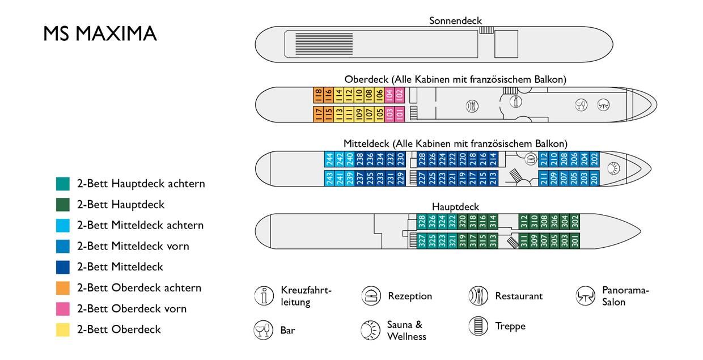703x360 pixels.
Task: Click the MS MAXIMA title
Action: click(100, 33)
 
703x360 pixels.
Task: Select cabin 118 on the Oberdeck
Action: click(318, 95)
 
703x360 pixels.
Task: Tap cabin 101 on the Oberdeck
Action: click(400, 115)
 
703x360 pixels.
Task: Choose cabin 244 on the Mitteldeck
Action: click(329, 159)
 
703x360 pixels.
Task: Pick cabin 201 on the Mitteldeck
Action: click(595, 178)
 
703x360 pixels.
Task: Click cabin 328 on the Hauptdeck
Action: click(422, 222)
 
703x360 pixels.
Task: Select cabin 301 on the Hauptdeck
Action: click(575, 241)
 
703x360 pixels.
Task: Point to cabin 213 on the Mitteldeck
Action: click(493, 178)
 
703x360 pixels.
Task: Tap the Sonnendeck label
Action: click(455, 21)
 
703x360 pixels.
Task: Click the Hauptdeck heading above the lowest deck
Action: click(455, 207)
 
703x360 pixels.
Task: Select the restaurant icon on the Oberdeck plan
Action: click(472, 106)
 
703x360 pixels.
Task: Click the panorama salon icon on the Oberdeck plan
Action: click(603, 105)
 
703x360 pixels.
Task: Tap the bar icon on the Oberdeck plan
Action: click(581, 105)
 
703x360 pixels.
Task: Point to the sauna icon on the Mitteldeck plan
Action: click(613, 168)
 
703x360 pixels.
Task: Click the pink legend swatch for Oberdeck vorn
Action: click(63, 309)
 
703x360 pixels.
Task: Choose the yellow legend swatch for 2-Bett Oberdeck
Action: click(63, 329)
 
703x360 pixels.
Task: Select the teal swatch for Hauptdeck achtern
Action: click(63, 184)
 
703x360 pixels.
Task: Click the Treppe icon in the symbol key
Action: click(478, 326)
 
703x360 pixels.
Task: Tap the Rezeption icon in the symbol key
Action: click(371, 296)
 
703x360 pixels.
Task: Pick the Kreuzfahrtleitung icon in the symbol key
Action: click(264, 296)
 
